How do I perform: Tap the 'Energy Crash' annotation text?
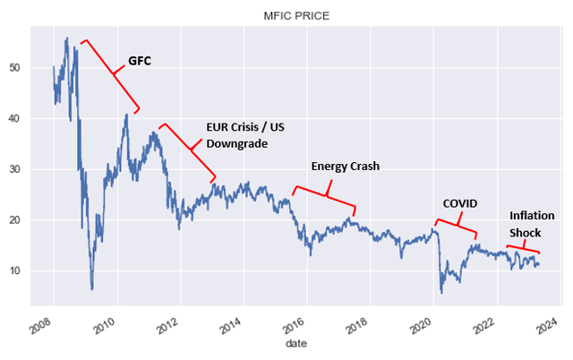point(346,167)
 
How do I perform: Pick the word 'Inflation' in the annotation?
point(532,216)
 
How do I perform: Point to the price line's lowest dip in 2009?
point(92,288)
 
